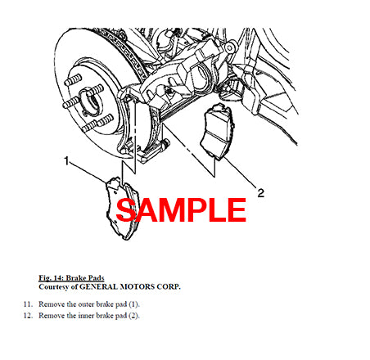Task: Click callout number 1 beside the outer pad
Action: [66, 161]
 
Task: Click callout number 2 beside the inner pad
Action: [261, 193]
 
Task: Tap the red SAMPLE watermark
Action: [181, 209]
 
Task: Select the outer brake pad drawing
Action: [123, 208]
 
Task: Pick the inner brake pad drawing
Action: [218, 132]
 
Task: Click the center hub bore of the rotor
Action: [92, 101]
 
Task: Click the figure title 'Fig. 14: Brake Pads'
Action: [71, 278]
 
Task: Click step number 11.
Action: [28, 304]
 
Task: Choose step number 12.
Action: [28, 316]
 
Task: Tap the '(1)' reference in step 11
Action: [134, 304]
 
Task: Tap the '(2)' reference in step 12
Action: [134, 316]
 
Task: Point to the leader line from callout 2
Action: [238, 172]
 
